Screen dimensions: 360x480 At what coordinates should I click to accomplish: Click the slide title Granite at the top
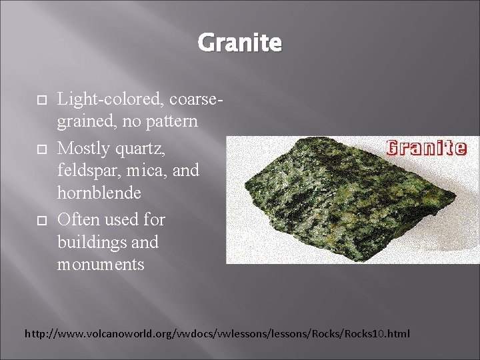click(x=239, y=43)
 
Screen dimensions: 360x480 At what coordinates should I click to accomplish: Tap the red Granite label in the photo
click(x=427, y=147)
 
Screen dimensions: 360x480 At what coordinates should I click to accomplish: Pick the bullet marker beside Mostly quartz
click(x=39, y=147)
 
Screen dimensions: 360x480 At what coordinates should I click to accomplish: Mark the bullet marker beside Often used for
click(x=39, y=220)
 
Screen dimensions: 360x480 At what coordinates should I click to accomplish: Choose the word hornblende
click(x=99, y=193)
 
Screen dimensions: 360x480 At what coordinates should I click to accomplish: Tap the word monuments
click(x=100, y=264)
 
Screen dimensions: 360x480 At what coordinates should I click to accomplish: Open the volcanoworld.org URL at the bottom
click(x=217, y=333)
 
